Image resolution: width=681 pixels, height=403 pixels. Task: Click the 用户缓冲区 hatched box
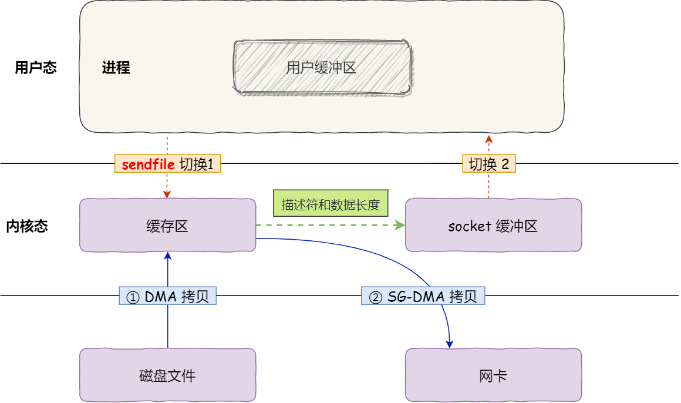[x=322, y=67]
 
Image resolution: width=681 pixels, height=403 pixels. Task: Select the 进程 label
[x=116, y=68]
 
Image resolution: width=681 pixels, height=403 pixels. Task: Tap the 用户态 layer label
[x=35, y=68]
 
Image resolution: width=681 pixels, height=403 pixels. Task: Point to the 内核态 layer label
[x=27, y=226]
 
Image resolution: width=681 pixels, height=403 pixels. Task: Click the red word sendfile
[x=148, y=164]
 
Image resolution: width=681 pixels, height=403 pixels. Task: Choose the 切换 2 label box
[x=488, y=164]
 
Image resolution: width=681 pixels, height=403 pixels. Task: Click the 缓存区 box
[x=167, y=226]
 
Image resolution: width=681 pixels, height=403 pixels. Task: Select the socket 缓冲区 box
[x=493, y=226]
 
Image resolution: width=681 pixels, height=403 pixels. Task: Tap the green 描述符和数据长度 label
[x=331, y=205]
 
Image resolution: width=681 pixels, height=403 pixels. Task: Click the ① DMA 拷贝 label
[x=168, y=297]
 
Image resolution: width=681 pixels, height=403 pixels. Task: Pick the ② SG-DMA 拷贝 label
[x=423, y=297]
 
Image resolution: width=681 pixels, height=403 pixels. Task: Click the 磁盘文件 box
[x=167, y=375]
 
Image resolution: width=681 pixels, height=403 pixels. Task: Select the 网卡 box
[x=493, y=375]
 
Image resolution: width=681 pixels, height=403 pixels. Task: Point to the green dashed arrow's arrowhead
[x=401, y=225]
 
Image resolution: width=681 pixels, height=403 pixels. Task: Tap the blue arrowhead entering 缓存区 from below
[x=168, y=256]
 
